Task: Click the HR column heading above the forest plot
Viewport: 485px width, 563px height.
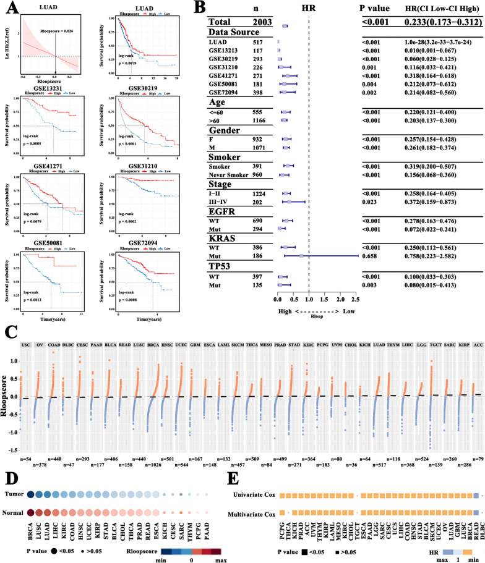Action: click(309, 9)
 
